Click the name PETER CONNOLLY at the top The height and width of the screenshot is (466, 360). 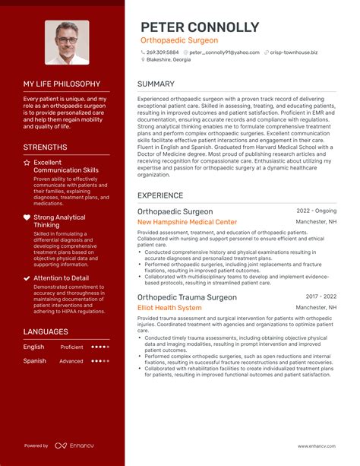coord(199,27)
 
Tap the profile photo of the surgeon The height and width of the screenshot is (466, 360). coord(67,43)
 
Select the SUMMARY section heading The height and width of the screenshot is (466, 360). coord(156,84)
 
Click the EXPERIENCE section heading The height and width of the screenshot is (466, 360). coord(160,195)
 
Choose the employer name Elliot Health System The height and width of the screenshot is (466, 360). coord(169,308)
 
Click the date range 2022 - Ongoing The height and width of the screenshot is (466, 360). coord(317,211)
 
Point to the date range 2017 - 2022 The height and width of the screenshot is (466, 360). coord(321,296)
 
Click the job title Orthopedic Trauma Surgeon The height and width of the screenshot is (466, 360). coord(187,297)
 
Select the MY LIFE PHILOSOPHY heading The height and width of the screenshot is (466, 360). coord(62,84)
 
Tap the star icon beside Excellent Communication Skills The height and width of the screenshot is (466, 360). coord(27,162)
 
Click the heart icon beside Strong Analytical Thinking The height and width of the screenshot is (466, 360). coord(27,217)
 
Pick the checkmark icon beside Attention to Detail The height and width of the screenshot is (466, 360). coord(27,278)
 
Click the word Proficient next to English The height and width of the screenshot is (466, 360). coord(72,347)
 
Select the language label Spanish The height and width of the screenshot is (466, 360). coord(35,361)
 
